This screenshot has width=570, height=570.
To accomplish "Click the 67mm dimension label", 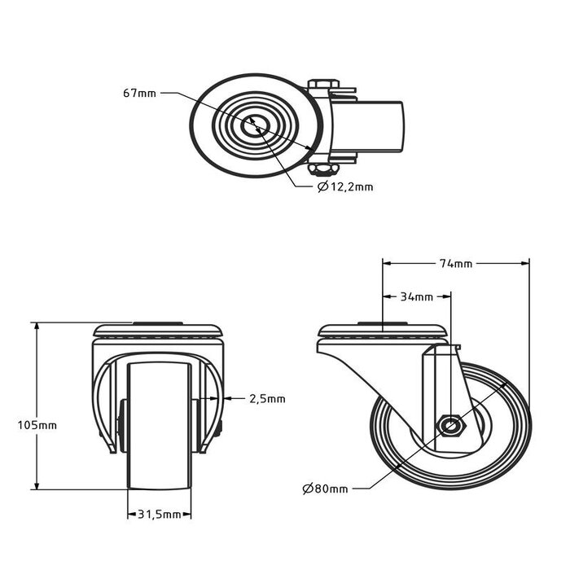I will click(x=139, y=94).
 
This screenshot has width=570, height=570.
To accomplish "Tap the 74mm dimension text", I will click(x=455, y=263).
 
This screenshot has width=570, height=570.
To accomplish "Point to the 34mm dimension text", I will click(x=417, y=296).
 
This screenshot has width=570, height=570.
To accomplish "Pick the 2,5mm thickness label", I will click(x=267, y=398).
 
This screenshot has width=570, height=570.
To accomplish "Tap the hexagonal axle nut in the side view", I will click(x=449, y=425).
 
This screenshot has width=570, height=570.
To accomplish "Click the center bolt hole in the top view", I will click(x=257, y=125).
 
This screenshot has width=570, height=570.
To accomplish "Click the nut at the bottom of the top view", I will click(x=322, y=169).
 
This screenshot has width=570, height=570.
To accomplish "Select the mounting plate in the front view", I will click(x=158, y=332).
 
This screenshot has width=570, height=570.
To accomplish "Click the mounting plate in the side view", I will click(x=383, y=332).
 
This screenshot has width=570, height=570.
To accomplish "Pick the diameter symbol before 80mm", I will click(x=307, y=489).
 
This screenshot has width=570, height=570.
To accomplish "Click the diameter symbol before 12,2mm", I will click(x=322, y=187).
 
